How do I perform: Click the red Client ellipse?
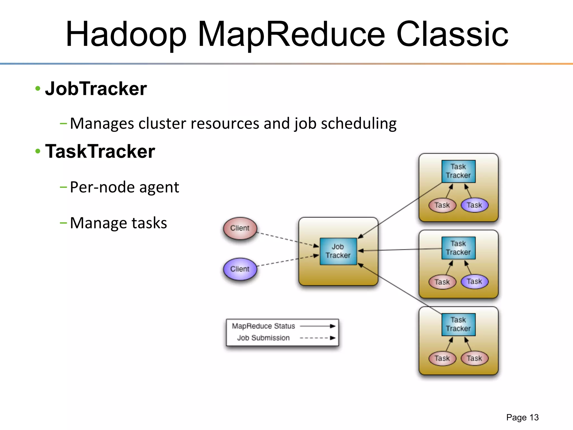click(240, 228)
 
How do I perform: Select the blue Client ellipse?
click(240, 269)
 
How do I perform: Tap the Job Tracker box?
click(338, 251)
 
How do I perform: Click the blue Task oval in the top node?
click(474, 205)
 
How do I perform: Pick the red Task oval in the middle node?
click(442, 282)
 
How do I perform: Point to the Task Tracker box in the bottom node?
click(458, 324)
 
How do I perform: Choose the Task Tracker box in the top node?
click(458, 171)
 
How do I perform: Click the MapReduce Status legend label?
click(263, 326)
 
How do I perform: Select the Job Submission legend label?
click(263, 338)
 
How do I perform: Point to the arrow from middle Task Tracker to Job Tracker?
click(400, 250)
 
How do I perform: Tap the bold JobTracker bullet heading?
click(96, 89)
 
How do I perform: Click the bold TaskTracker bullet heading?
click(100, 151)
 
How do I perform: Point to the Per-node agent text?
click(124, 187)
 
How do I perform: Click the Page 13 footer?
click(522, 417)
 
